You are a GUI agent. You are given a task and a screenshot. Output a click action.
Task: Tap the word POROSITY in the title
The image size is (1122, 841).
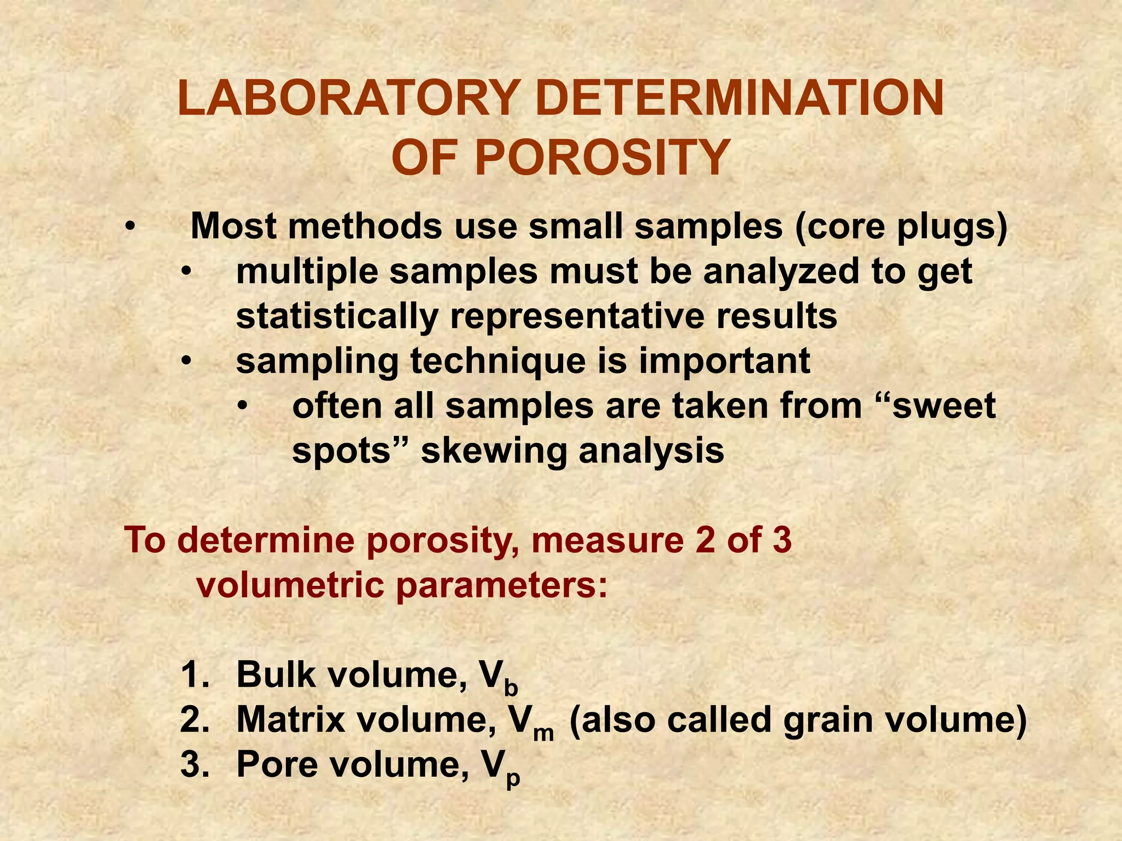[602, 158]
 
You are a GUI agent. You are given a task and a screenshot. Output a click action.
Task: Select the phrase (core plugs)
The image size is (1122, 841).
[901, 227]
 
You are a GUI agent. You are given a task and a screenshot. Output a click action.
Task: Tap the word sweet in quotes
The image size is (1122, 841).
[943, 406]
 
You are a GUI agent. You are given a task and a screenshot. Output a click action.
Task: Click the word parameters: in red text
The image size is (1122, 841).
[502, 585]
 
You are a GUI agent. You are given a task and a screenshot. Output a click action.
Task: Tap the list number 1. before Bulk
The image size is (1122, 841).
[194, 675]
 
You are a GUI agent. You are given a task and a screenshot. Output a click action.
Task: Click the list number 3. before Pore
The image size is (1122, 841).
[195, 765]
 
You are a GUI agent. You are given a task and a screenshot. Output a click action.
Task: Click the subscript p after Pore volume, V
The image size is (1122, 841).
[512, 777]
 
